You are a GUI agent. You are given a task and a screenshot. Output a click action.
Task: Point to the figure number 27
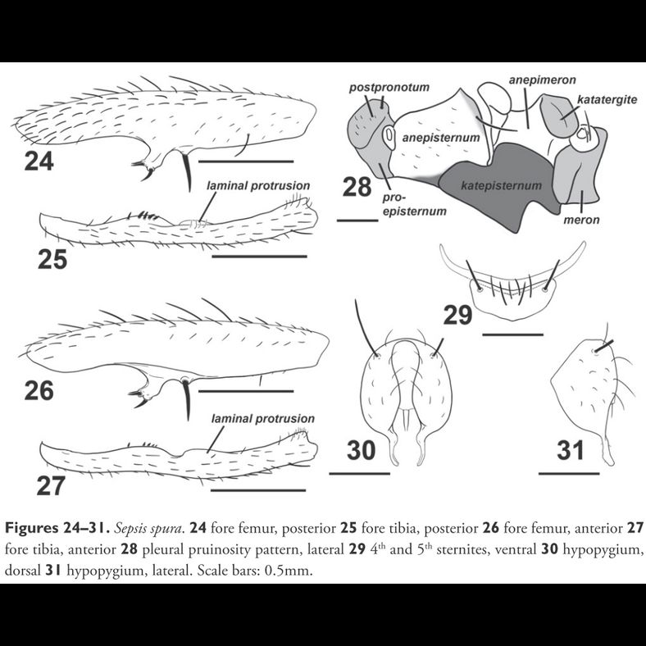pyautogui.click(x=53, y=485)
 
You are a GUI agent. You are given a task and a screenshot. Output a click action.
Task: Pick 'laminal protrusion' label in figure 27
pyautogui.click(x=262, y=418)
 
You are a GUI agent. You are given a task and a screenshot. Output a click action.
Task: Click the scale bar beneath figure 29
pyautogui.click(x=512, y=334)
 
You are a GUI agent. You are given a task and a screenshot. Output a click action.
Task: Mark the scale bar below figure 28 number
pyautogui.click(x=354, y=220)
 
